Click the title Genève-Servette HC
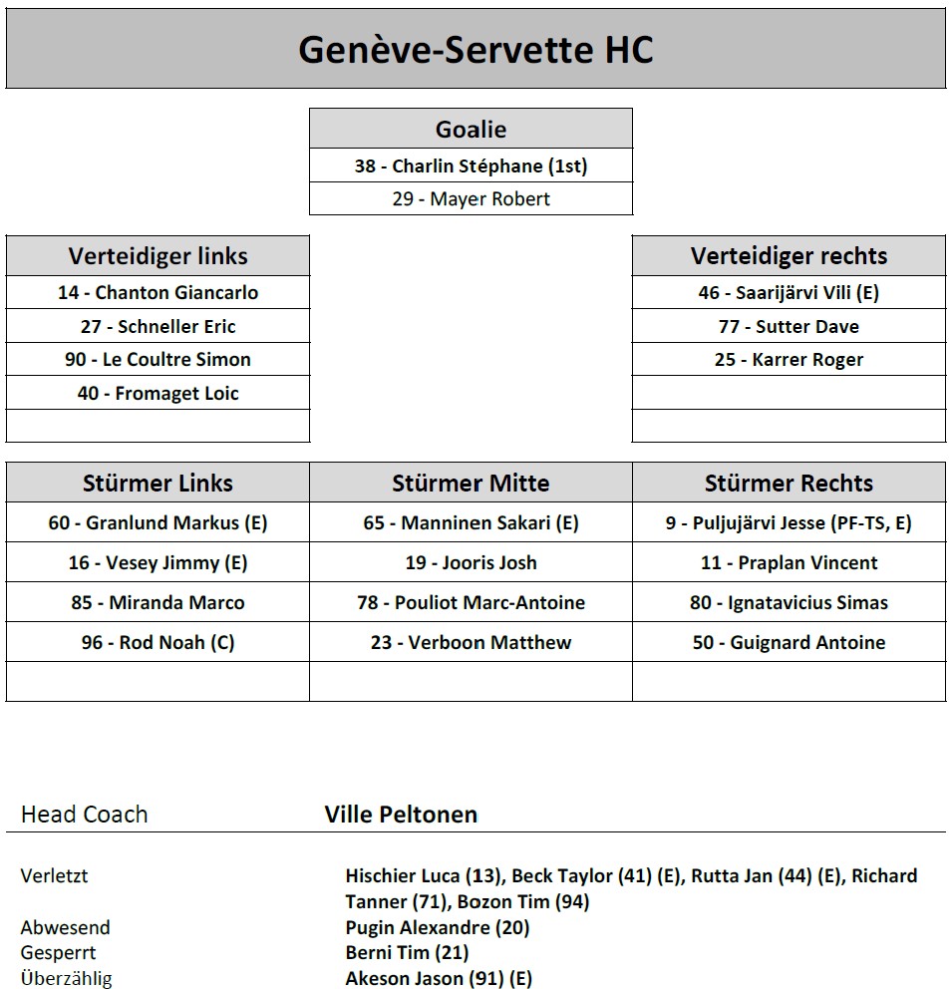pyautogui.click(x=475, y=49)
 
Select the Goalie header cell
pyautogui.click(x=471, y=129)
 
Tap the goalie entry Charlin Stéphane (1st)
pyautogui.click(x=471, y=165)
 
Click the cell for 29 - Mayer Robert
pyautogui.click(x=471, y=198)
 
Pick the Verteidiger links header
pyautogui.click(x=158, y=255)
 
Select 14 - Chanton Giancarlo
pyautogui.click(x=158, y=292)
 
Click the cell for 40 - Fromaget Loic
pyautogui.click(x=158, y=393)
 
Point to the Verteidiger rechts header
pyautogui.click(x=789, y=255)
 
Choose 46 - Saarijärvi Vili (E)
pyautogui.click(x=789, y=292)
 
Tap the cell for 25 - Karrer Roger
pyautogui.click(x=789, y=359)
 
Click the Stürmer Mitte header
pyautogui.click(x=471, y=483)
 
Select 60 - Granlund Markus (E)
pyautogui.click(x=158, y=522)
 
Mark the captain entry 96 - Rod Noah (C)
pyautogui.click(x=158, y=642)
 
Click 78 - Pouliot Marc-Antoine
pyautogui.click(x=471, y=602)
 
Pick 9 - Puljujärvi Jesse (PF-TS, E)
pyautogui.click(x=789, y=522)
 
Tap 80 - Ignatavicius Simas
pyautogui.click(x=789, y=602)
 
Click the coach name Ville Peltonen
pyautogui.click(x=401, y=814)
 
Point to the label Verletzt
pyautogui.click(x=54, y=875)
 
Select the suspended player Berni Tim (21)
pyautogui.click(x=407, y=952)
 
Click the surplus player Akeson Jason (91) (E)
pyautogui.click(x=439, y=978)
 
